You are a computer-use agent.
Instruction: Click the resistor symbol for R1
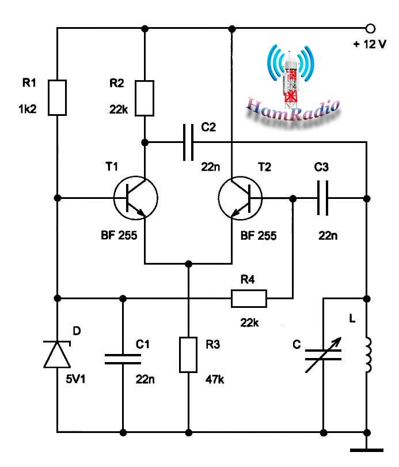[x=57, y=97]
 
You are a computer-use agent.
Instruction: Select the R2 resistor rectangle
[x=145, y=98]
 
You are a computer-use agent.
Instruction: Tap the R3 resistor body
[x=188, y=355]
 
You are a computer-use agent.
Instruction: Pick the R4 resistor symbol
[x=249, y=299]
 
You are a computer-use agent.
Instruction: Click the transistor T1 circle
[x=135, y=198]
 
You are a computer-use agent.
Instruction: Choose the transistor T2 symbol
[x=240, y=198]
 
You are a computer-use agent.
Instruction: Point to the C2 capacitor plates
[x=188, y=142]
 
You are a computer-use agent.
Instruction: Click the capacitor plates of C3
[x=322, y=198]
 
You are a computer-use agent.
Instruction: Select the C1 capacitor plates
[x=123, y=359]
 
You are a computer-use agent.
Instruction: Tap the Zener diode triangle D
[x=57, y=355]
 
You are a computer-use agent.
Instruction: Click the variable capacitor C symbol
[x=323, y=355]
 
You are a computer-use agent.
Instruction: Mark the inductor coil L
[x=368, y=355]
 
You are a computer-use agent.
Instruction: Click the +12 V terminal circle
[x=370, y=29]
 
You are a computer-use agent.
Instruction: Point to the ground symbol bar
[x=367, y=450]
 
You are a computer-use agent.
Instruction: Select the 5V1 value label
[x=75, y=379]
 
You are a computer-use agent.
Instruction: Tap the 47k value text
[x=215, y=379]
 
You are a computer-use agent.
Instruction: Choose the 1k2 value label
[x=28, y=109]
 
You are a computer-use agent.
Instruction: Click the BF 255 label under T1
[x=119, y=235]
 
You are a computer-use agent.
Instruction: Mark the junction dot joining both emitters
[x=188, y=264]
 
